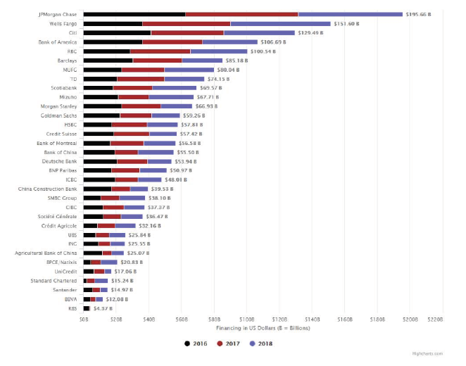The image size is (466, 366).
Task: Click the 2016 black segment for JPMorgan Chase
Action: (134, 14)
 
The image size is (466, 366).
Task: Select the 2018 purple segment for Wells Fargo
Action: (280, 23)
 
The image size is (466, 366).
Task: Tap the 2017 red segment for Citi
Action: (187, 32)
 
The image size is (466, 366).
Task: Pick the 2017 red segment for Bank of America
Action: (172, 42)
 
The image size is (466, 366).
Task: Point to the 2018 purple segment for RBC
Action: (218, 51)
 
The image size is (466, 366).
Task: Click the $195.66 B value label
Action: (422, 14)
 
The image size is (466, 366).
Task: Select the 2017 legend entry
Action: (225, 343)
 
